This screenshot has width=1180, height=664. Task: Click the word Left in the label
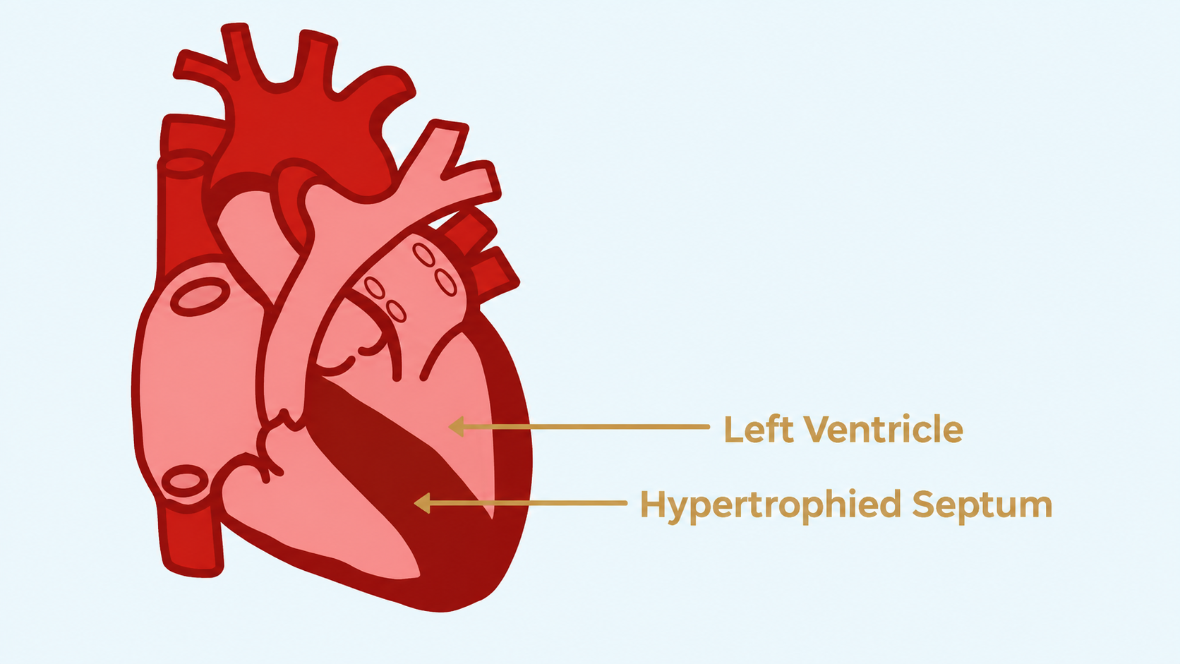coord(759,429)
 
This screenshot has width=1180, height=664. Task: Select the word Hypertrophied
coord(770,505)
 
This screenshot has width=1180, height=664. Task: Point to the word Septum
coord(982,505)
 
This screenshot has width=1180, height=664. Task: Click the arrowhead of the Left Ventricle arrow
coord(456,426)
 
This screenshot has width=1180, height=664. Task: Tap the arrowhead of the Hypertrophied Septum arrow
coord(422,503)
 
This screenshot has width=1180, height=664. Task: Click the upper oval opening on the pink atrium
coord(200,296)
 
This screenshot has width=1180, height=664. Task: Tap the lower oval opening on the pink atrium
coord(185,481)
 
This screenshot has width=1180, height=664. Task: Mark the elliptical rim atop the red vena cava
coord(184,163)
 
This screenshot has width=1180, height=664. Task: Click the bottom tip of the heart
coord(442,611)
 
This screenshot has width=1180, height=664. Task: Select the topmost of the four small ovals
coord(423,255)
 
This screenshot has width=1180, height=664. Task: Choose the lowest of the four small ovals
coord(396,310)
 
